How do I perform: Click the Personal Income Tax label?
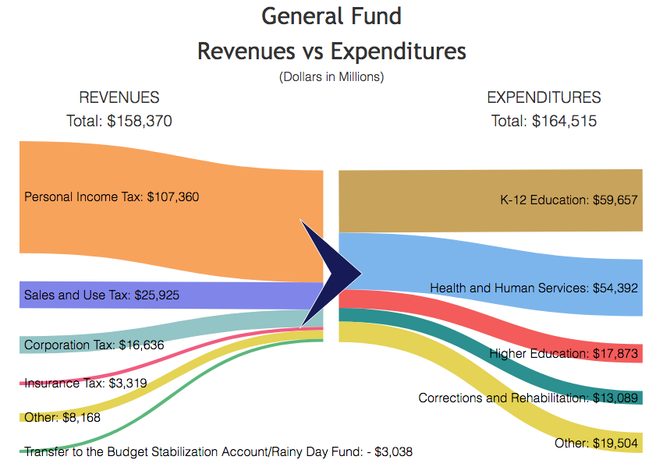point(112,197)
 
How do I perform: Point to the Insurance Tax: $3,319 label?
point(85,383)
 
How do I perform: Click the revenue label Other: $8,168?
point(62,417)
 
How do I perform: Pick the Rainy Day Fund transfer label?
point(218,451)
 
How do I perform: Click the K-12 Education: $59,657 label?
point(569,200)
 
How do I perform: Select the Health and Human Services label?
point(534,288)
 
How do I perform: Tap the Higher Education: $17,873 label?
point(563,354)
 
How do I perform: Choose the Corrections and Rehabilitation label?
point(528,398)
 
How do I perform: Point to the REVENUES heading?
point(119,97)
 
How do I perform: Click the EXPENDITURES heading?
point(544,97)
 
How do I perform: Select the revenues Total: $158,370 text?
point(119,121)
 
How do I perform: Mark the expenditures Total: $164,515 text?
point(544,121)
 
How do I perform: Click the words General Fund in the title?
point(331,16)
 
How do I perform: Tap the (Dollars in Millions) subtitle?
point(331,76)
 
